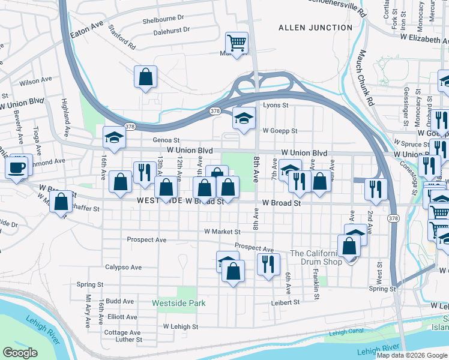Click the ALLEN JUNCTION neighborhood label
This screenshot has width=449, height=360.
click(315, 28)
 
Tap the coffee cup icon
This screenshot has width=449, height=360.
click(18, 167)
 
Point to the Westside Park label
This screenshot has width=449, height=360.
click(179, 304)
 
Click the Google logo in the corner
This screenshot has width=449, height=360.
click(20, 353)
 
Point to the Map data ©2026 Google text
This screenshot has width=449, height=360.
click(412, 355)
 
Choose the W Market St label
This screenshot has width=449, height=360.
click(221, 232)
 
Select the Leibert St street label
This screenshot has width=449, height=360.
click(285, 303)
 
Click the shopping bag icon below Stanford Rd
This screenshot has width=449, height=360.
click(145, 77)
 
